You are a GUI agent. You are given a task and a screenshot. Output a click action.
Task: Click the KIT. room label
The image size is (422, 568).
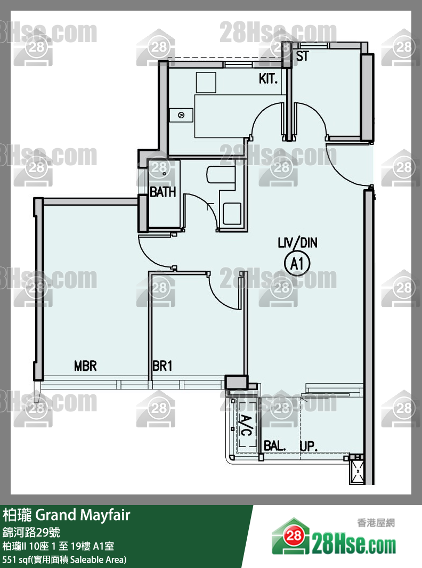click(x=268, y=79)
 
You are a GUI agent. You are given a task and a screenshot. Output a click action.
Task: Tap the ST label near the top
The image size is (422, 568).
click(x=303, y=56)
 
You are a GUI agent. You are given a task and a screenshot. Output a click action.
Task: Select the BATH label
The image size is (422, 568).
click(x=163, y=192)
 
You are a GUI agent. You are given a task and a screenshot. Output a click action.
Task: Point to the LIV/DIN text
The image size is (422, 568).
click(x=297, y=242)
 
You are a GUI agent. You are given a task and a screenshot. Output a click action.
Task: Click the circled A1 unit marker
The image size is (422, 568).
click(x=297, y=263)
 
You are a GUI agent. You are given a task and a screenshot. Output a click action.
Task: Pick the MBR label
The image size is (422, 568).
click(x=85, y=366)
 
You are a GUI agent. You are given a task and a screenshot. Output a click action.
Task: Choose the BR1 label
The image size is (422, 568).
click(x=163, y=366)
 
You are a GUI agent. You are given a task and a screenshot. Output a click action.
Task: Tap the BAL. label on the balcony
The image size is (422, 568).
click(x=274, y=446)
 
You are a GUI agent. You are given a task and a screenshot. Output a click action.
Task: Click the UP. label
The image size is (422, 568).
click(x=309, y=446)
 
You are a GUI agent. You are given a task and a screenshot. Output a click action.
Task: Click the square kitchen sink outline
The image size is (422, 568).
click(x=206, y=82)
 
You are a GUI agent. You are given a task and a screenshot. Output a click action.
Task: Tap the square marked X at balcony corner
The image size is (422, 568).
click(x=357, y=472)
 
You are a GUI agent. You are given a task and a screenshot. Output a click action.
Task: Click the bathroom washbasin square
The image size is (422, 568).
click(x=232, y=214)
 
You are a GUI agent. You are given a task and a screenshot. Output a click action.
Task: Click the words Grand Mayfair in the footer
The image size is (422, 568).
click(x=83, y=515)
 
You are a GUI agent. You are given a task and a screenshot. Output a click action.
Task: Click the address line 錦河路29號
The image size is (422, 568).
click(x=31, y=532)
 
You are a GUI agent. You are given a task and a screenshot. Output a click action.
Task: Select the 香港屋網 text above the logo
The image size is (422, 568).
click(x=376, y=523)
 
